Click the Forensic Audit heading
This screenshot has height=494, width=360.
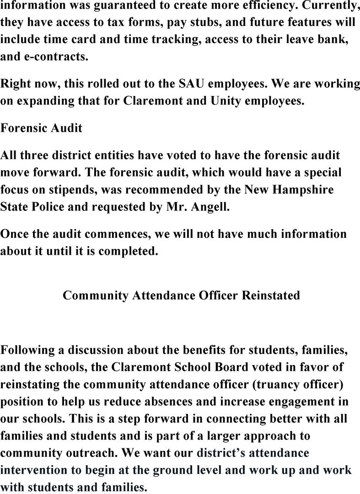click(x=41, y=128)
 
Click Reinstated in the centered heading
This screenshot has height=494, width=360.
click(x=270, y=295)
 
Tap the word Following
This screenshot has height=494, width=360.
click(x=28, y=351)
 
